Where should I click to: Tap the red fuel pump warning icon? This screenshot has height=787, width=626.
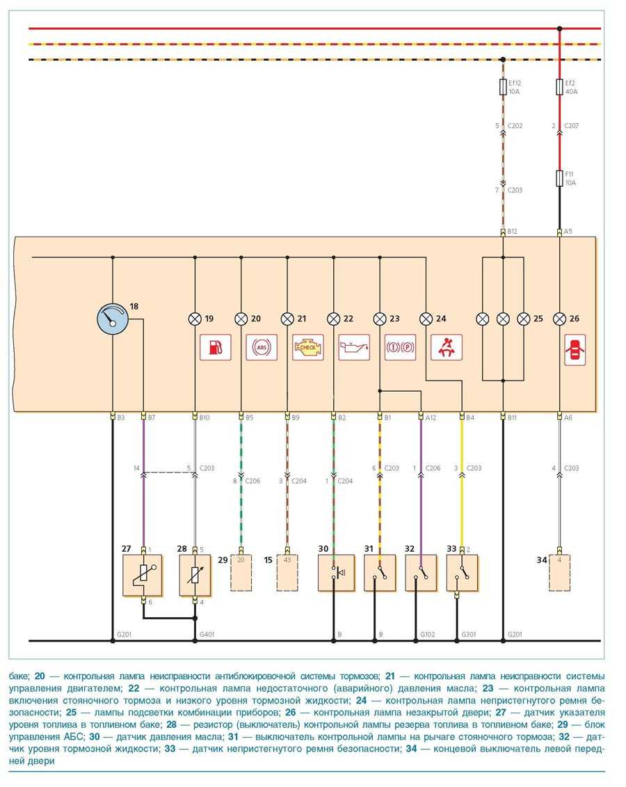pyautogui.click(x=215, y=347)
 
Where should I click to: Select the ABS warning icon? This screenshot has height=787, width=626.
pyautogui.click(x=262, y=347)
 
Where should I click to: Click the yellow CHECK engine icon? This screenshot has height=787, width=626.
pyautogui.click(x=308, y=347)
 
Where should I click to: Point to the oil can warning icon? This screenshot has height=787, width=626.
pyautogui.click(x=354, y=347)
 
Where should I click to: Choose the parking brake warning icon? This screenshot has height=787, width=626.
pyautogui.click(x=400, y=347)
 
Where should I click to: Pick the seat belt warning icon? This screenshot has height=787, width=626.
pyautogui.click(x=447, y=347)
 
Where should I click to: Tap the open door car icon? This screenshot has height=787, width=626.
pyautogui.click(x=575, y=347)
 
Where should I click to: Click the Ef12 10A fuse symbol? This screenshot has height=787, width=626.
pyautogui.click(x=503, y=87)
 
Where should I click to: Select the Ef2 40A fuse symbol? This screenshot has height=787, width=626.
pyautogui.click(x=559, y=87)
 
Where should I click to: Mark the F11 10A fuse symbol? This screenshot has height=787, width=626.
pyautogui.click(x=559, y=179)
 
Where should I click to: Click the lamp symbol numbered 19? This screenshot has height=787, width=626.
pyautogui.click(x=194, y=319)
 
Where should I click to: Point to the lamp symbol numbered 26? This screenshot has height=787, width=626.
pyautogui.click(x=559, y=319)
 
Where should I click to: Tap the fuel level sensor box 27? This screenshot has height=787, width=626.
pyautogui.click(x=143, y=575)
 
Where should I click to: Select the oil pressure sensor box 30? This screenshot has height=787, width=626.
pyautogui.click(x=336, y=573)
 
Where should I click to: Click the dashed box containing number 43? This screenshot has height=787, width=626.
pyautogui.click(x=287, y=573)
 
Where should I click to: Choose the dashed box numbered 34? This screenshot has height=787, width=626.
pyautogui.click(x=559, y=573)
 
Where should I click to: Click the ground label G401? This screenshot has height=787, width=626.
pyautogui.click(x=207, y=635)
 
